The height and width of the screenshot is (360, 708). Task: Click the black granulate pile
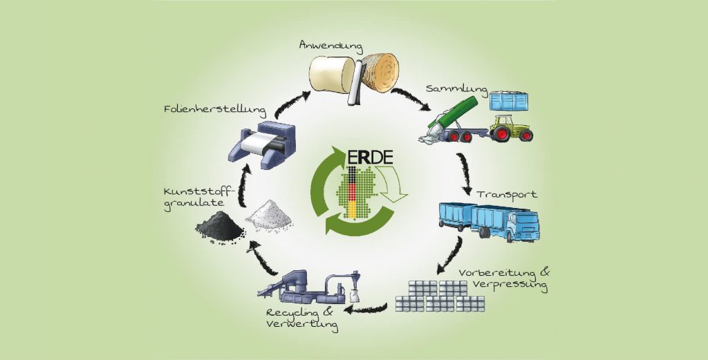point(218,225)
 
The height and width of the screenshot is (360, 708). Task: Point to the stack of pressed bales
point(440,296)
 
